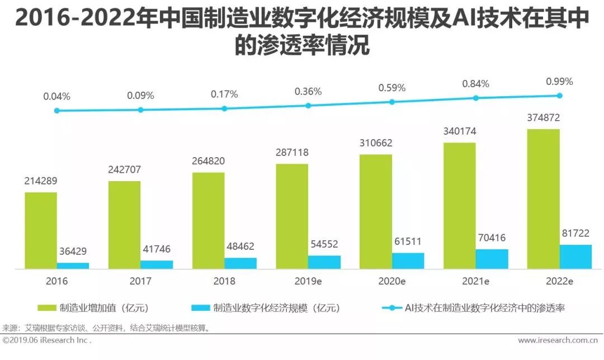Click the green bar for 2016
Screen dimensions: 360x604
[x=40, y=230]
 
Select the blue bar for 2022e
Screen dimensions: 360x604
[x=575, y=257]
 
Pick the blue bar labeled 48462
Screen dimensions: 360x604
[x=240, y=263]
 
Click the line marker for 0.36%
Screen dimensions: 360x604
[x=308, y=105]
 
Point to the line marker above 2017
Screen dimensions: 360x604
[x=141, y=110]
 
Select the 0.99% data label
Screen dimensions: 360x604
[x=559, y=82]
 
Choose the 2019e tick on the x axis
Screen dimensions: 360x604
[x=308, y=281]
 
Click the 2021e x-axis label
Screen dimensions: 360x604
[x=475, y=281]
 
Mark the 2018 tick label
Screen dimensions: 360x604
[x=224, y=281]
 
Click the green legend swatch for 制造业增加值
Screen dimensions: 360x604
[x=46, y=308]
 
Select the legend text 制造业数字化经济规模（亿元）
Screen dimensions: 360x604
[x=276, y=308]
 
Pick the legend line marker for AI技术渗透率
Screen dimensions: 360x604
[x=391, y=308]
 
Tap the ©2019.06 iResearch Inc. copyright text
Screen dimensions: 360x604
[x=47, y=340]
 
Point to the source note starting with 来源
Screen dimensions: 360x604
[x=106, y=328]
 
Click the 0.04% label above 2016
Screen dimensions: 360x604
[x=56, y=96]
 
